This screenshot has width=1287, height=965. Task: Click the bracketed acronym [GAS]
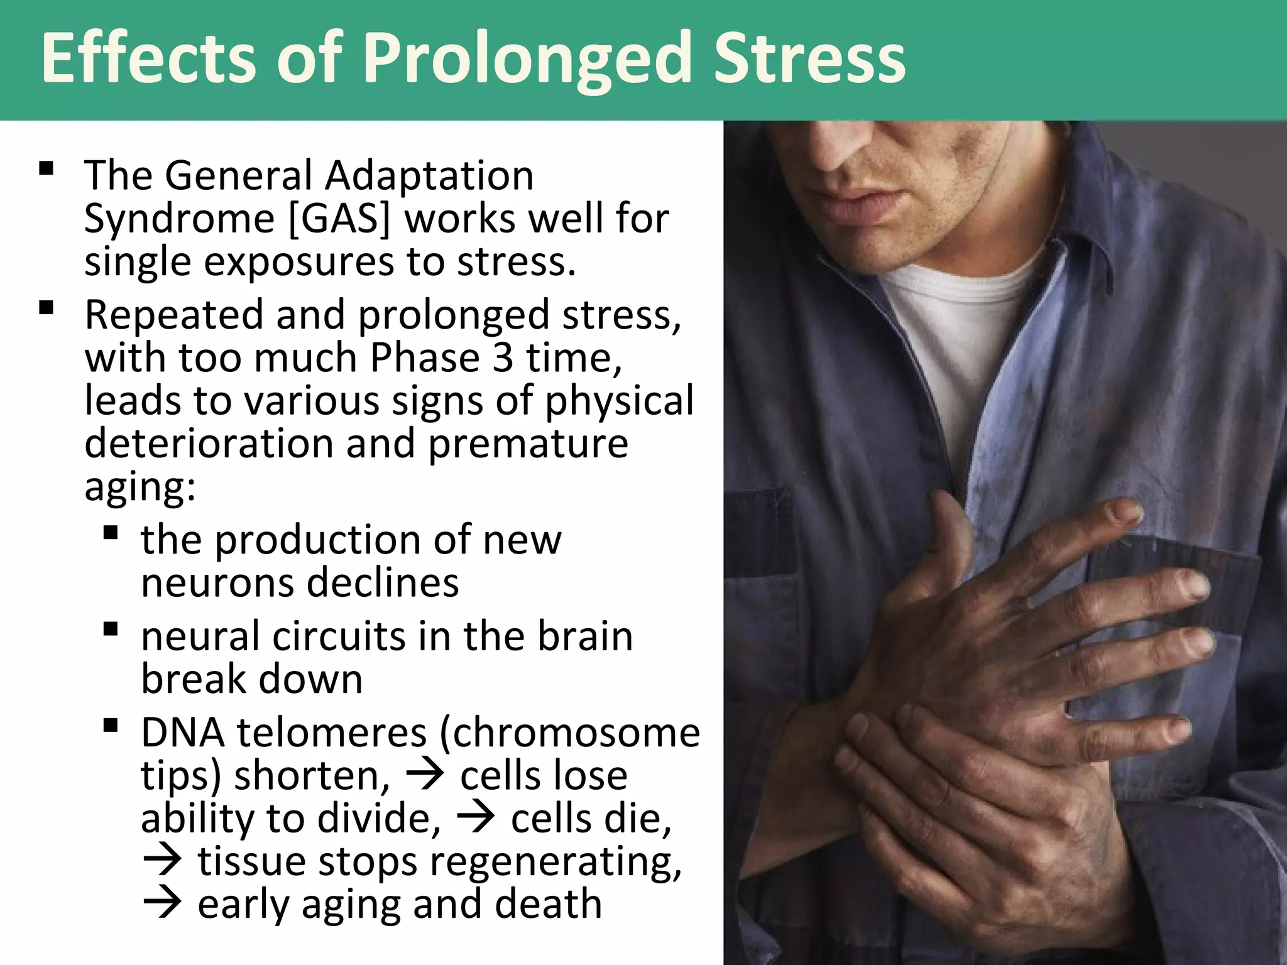pyautogui.click(x=339, y=219)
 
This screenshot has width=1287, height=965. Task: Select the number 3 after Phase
pyautogui.click(x=502, y=358)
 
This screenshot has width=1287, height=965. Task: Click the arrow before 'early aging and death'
pyautogui.click(x=162, y=904)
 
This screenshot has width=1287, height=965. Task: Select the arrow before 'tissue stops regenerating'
pyautogui.click(x=162, y=861)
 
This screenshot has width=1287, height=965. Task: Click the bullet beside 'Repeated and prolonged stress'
pyautogui.click(x=46, y=308)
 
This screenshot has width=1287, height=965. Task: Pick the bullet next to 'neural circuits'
pyautogui.click(x=111, y=629)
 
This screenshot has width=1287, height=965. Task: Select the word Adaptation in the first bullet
pyautogui.click(x=429, y=176)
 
